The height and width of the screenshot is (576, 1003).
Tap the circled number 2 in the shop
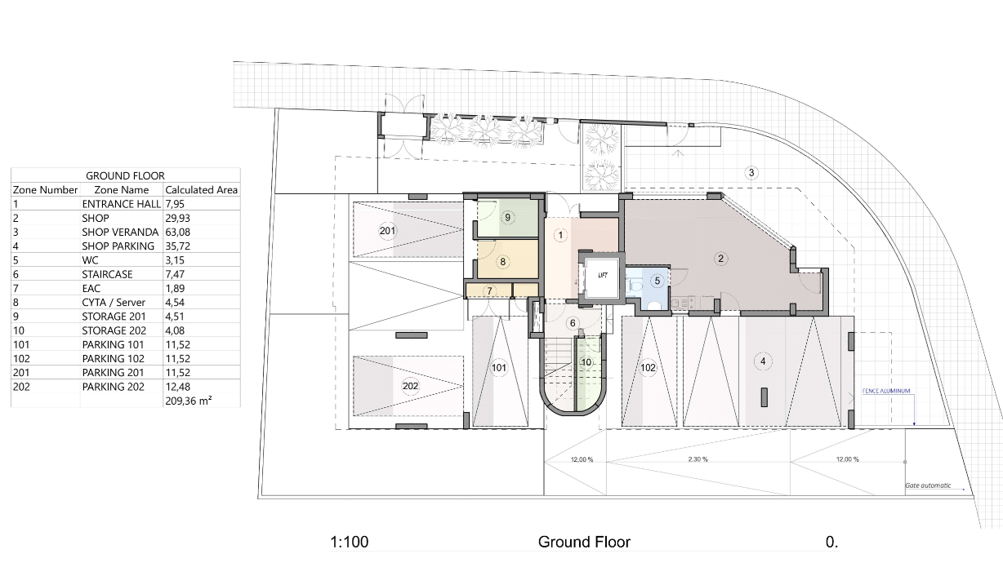pos(720,259)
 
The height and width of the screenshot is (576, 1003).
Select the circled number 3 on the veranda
pos(751,172)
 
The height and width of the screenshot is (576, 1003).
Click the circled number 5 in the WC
pos(656,280)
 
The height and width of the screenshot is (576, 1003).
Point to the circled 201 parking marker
pos(387,231)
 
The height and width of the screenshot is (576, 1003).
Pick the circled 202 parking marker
pos(411,385)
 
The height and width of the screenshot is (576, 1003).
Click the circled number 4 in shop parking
pos(763,361)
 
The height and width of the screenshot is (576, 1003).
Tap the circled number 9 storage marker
pos(507,217)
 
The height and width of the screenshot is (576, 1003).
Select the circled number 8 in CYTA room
pos(503,262)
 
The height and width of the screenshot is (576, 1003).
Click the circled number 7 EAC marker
pos(489,290)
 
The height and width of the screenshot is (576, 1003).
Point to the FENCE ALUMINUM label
pos(886,392)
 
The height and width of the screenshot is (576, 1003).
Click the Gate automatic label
pos(928,485)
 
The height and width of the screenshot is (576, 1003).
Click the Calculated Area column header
pos(201,189)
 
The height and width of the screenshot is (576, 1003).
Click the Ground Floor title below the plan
pos(584,542)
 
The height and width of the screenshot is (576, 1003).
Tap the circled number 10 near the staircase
pos(586,362)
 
